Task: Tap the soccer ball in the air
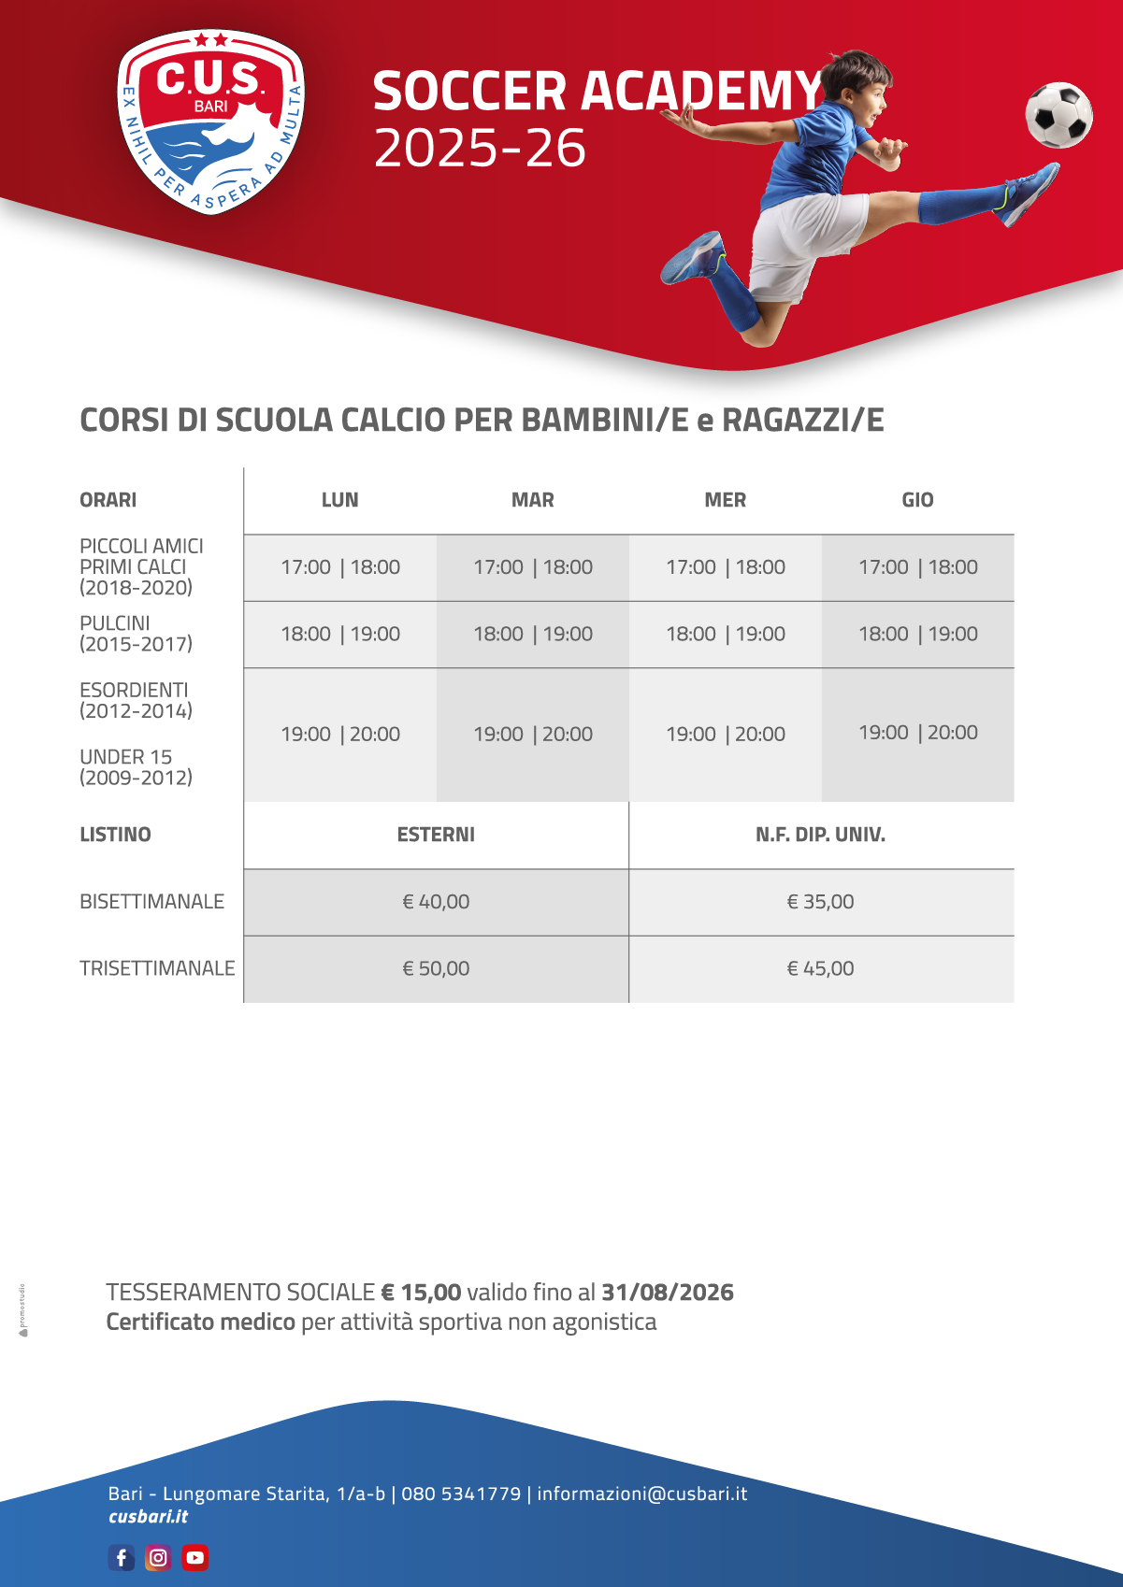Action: pyautogui.click(x=1058, y=115)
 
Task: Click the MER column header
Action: pyautogui.click(x=725, y=500)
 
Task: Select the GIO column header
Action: pyautogui.click(x=917, y=500)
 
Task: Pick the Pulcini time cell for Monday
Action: pyautogui.click(x=340, y=634)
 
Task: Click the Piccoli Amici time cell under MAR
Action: pyautogui.click(x=533, y=567)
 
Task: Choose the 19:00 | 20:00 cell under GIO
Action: pyautogui.click(x=917, y=733)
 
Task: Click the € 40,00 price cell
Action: pyautogui.click(x=436, y=902)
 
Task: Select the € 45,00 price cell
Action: pyautogui.click(x=820, y=968)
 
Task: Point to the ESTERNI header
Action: pyautogui.click(x=436, y=835)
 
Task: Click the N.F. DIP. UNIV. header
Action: pyautogui.click(x=820, y=835)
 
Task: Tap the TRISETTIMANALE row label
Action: pyautogui.click(x=157, y=968)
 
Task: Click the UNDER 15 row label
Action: pyautogui.click(x=126, y=757)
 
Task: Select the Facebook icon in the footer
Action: pyautogui.click(x=122, y=1557)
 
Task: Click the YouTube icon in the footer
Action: pyautogui.click(x=194, y=1557)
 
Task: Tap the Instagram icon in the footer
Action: pyautogui.click(x=158, y=1557)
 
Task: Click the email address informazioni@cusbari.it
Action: pyautogui.click(x=641, y=1494)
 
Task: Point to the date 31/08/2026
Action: pyautogui.click(x=667, y=1293)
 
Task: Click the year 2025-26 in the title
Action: pyautogui.click(x=480, y=149)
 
